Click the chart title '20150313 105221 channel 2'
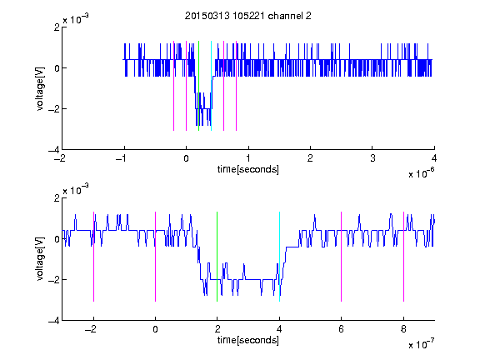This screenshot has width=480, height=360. point(248,16)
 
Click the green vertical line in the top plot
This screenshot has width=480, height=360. point(198,86)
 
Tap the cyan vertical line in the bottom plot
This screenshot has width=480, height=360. point(279,257)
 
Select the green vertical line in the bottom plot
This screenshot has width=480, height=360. point(217,257)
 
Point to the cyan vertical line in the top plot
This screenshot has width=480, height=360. point(211,86)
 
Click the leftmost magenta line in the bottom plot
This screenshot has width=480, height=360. point(93,257)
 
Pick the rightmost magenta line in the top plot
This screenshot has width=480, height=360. point(236,86)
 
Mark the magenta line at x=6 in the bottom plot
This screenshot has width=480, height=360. point(342,257)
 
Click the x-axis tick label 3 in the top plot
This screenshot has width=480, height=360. point(372,158)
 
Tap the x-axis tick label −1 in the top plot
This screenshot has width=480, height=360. point(121,158)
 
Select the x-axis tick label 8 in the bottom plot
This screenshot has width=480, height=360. point(403,329)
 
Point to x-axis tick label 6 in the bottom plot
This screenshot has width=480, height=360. point(342,329)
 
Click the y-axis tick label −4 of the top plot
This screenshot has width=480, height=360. point(53,150)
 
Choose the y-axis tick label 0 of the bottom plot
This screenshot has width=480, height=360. point(57,239)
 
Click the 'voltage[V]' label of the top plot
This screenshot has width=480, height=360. point(40,89)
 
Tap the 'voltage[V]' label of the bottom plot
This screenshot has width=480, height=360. point(40,259)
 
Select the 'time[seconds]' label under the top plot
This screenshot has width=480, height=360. point(248,169)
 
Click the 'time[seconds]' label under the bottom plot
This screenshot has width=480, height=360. point(248,340)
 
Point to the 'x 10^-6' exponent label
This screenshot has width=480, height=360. point(421,173)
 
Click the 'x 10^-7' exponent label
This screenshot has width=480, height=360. point(421,344)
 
